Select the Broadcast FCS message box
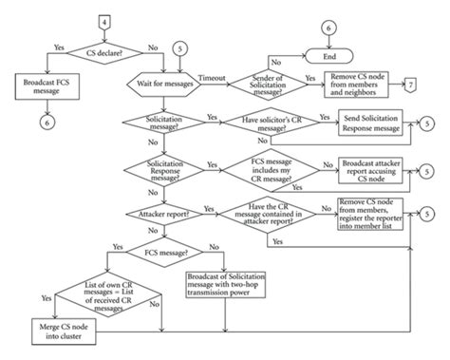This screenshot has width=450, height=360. coord(46,86)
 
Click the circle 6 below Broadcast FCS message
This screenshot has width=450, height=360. coord(45,122)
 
